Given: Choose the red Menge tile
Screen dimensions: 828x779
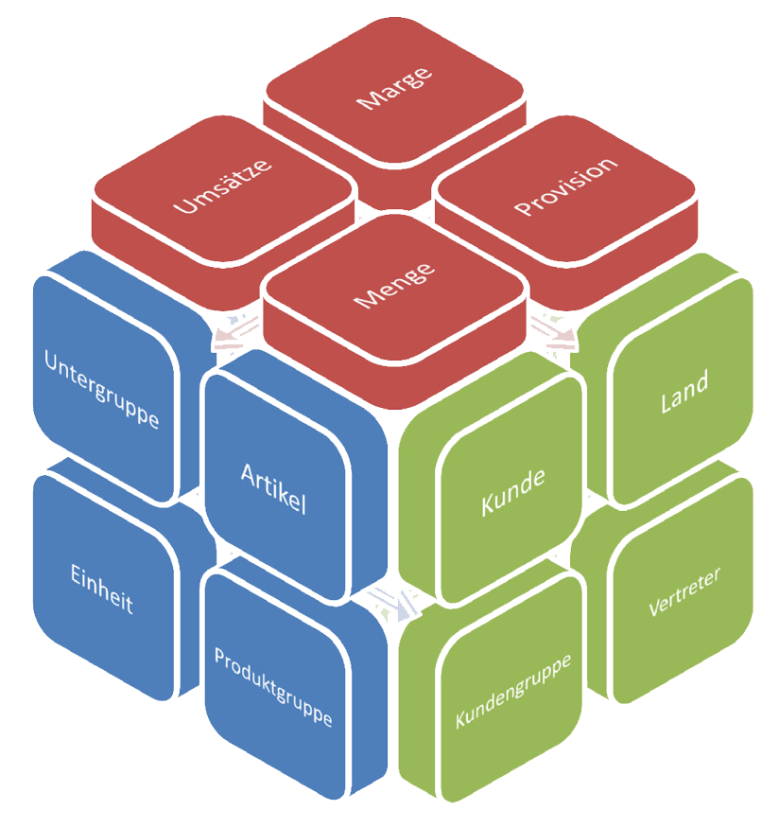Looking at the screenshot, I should [x=394, y=284].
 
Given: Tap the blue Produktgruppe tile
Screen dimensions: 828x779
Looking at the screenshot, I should [x=273, y=686].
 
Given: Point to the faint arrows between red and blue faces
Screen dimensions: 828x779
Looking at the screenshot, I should [x=232, y=327].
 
